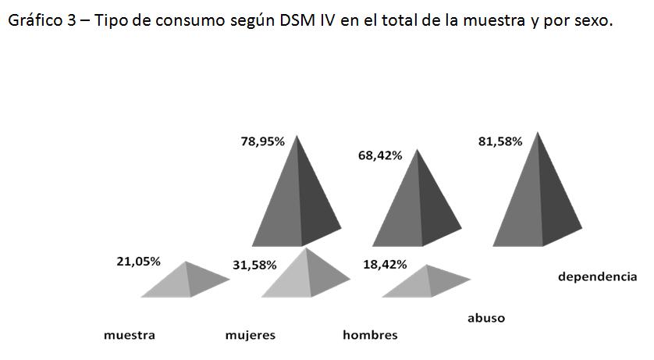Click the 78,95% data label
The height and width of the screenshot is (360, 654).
(x=262, y=141)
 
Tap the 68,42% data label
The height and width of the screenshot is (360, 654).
(x=380, y=155)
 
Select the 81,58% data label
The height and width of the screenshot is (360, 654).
(x=499, y=141)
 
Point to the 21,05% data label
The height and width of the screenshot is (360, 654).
(x=138, y=262)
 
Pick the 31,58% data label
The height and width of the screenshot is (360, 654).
(x=254, y=265)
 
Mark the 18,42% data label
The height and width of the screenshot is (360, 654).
(x=385, y=265)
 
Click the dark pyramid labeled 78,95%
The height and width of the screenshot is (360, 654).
(x=299, y=203)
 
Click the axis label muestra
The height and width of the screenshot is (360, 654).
(x=130, y=336)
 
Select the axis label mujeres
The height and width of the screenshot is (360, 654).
(x=250, y=336)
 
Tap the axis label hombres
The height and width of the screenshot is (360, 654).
(x=370, y=336)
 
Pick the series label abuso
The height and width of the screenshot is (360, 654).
(x=485, y=318)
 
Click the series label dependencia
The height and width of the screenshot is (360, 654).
(x=597, y=276)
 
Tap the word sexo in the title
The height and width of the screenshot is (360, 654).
(x=590, y=21)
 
